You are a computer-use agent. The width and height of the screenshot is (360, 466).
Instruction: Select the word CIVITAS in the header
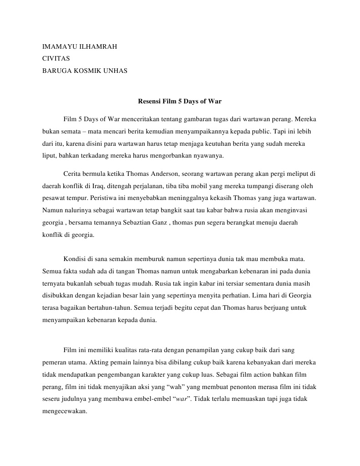(56, 58)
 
